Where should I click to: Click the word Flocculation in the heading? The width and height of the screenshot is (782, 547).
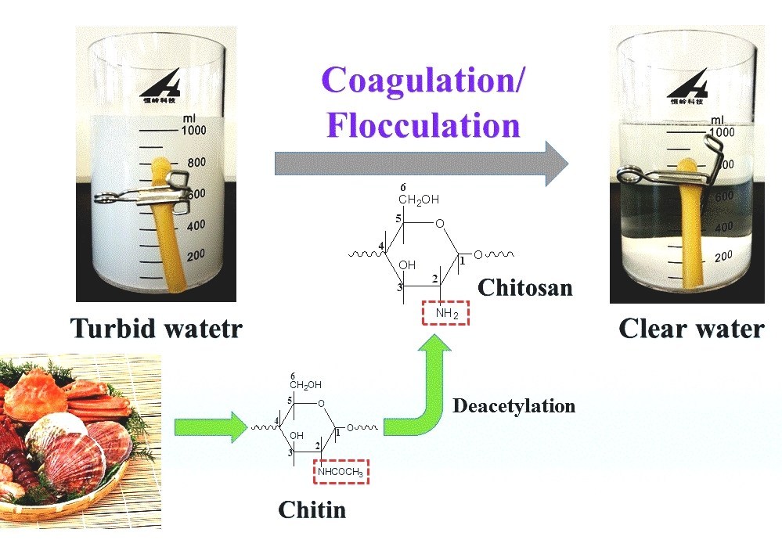tap(423, 125)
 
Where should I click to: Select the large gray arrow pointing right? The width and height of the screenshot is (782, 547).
tap(421, 164)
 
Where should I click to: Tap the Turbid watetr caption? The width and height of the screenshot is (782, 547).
tap(156, 328)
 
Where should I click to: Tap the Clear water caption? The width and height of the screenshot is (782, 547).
tap(690, 328)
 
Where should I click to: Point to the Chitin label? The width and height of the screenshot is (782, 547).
tap(312, 509)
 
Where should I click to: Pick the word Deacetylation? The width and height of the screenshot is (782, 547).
tap(514, 406)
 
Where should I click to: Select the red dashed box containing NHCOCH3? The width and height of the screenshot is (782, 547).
tap(341, 470)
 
